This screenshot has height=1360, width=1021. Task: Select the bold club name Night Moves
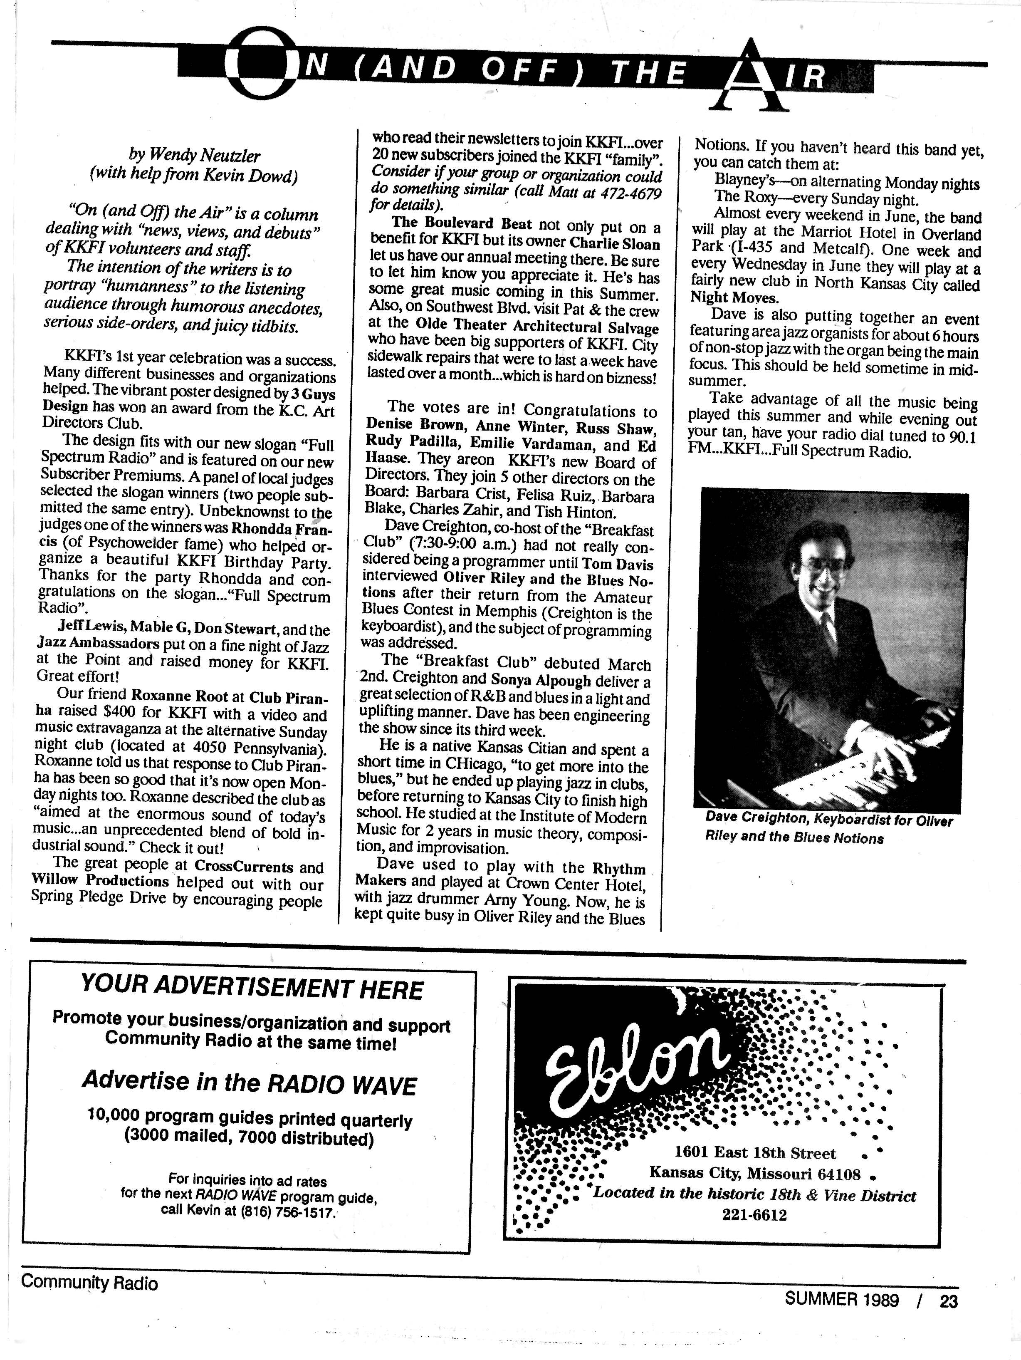(734, 298)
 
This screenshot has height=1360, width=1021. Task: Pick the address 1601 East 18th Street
(755, 1153)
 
